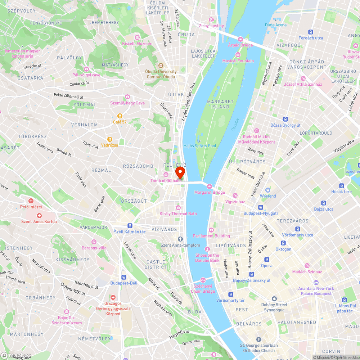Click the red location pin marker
pyautogui.click(x=180, y=172)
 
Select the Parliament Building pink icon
pyautogui.click(x=211, y=230)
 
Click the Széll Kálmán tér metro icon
pyautogui.click(x=130, y=226)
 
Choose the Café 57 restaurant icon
pyautogui.click(x=120, y=116)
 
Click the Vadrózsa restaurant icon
pyautogui.click(x=109, y=139)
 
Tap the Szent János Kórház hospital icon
pyautogui.click(x=39, y=215)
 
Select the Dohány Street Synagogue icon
pyautogui.click(x=274, y=299)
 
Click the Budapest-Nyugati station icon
pyautogui.click(x=261, y=207)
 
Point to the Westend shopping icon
pyautogui.click(x=268, y=190)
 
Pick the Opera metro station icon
pyautogui.click(x=267, y=260)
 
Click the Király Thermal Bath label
pyautogui.click(x=178, y=214)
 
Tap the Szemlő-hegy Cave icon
pyautogui.click(x=127, y=97)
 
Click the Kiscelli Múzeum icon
pyautogui.click(x=137, y=37)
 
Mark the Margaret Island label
pyautogui.click(x=220, y=104)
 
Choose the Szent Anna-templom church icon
pyautogui.click(x=180, y=239)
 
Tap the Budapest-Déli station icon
pyautogui.click(x=124, y=277)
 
